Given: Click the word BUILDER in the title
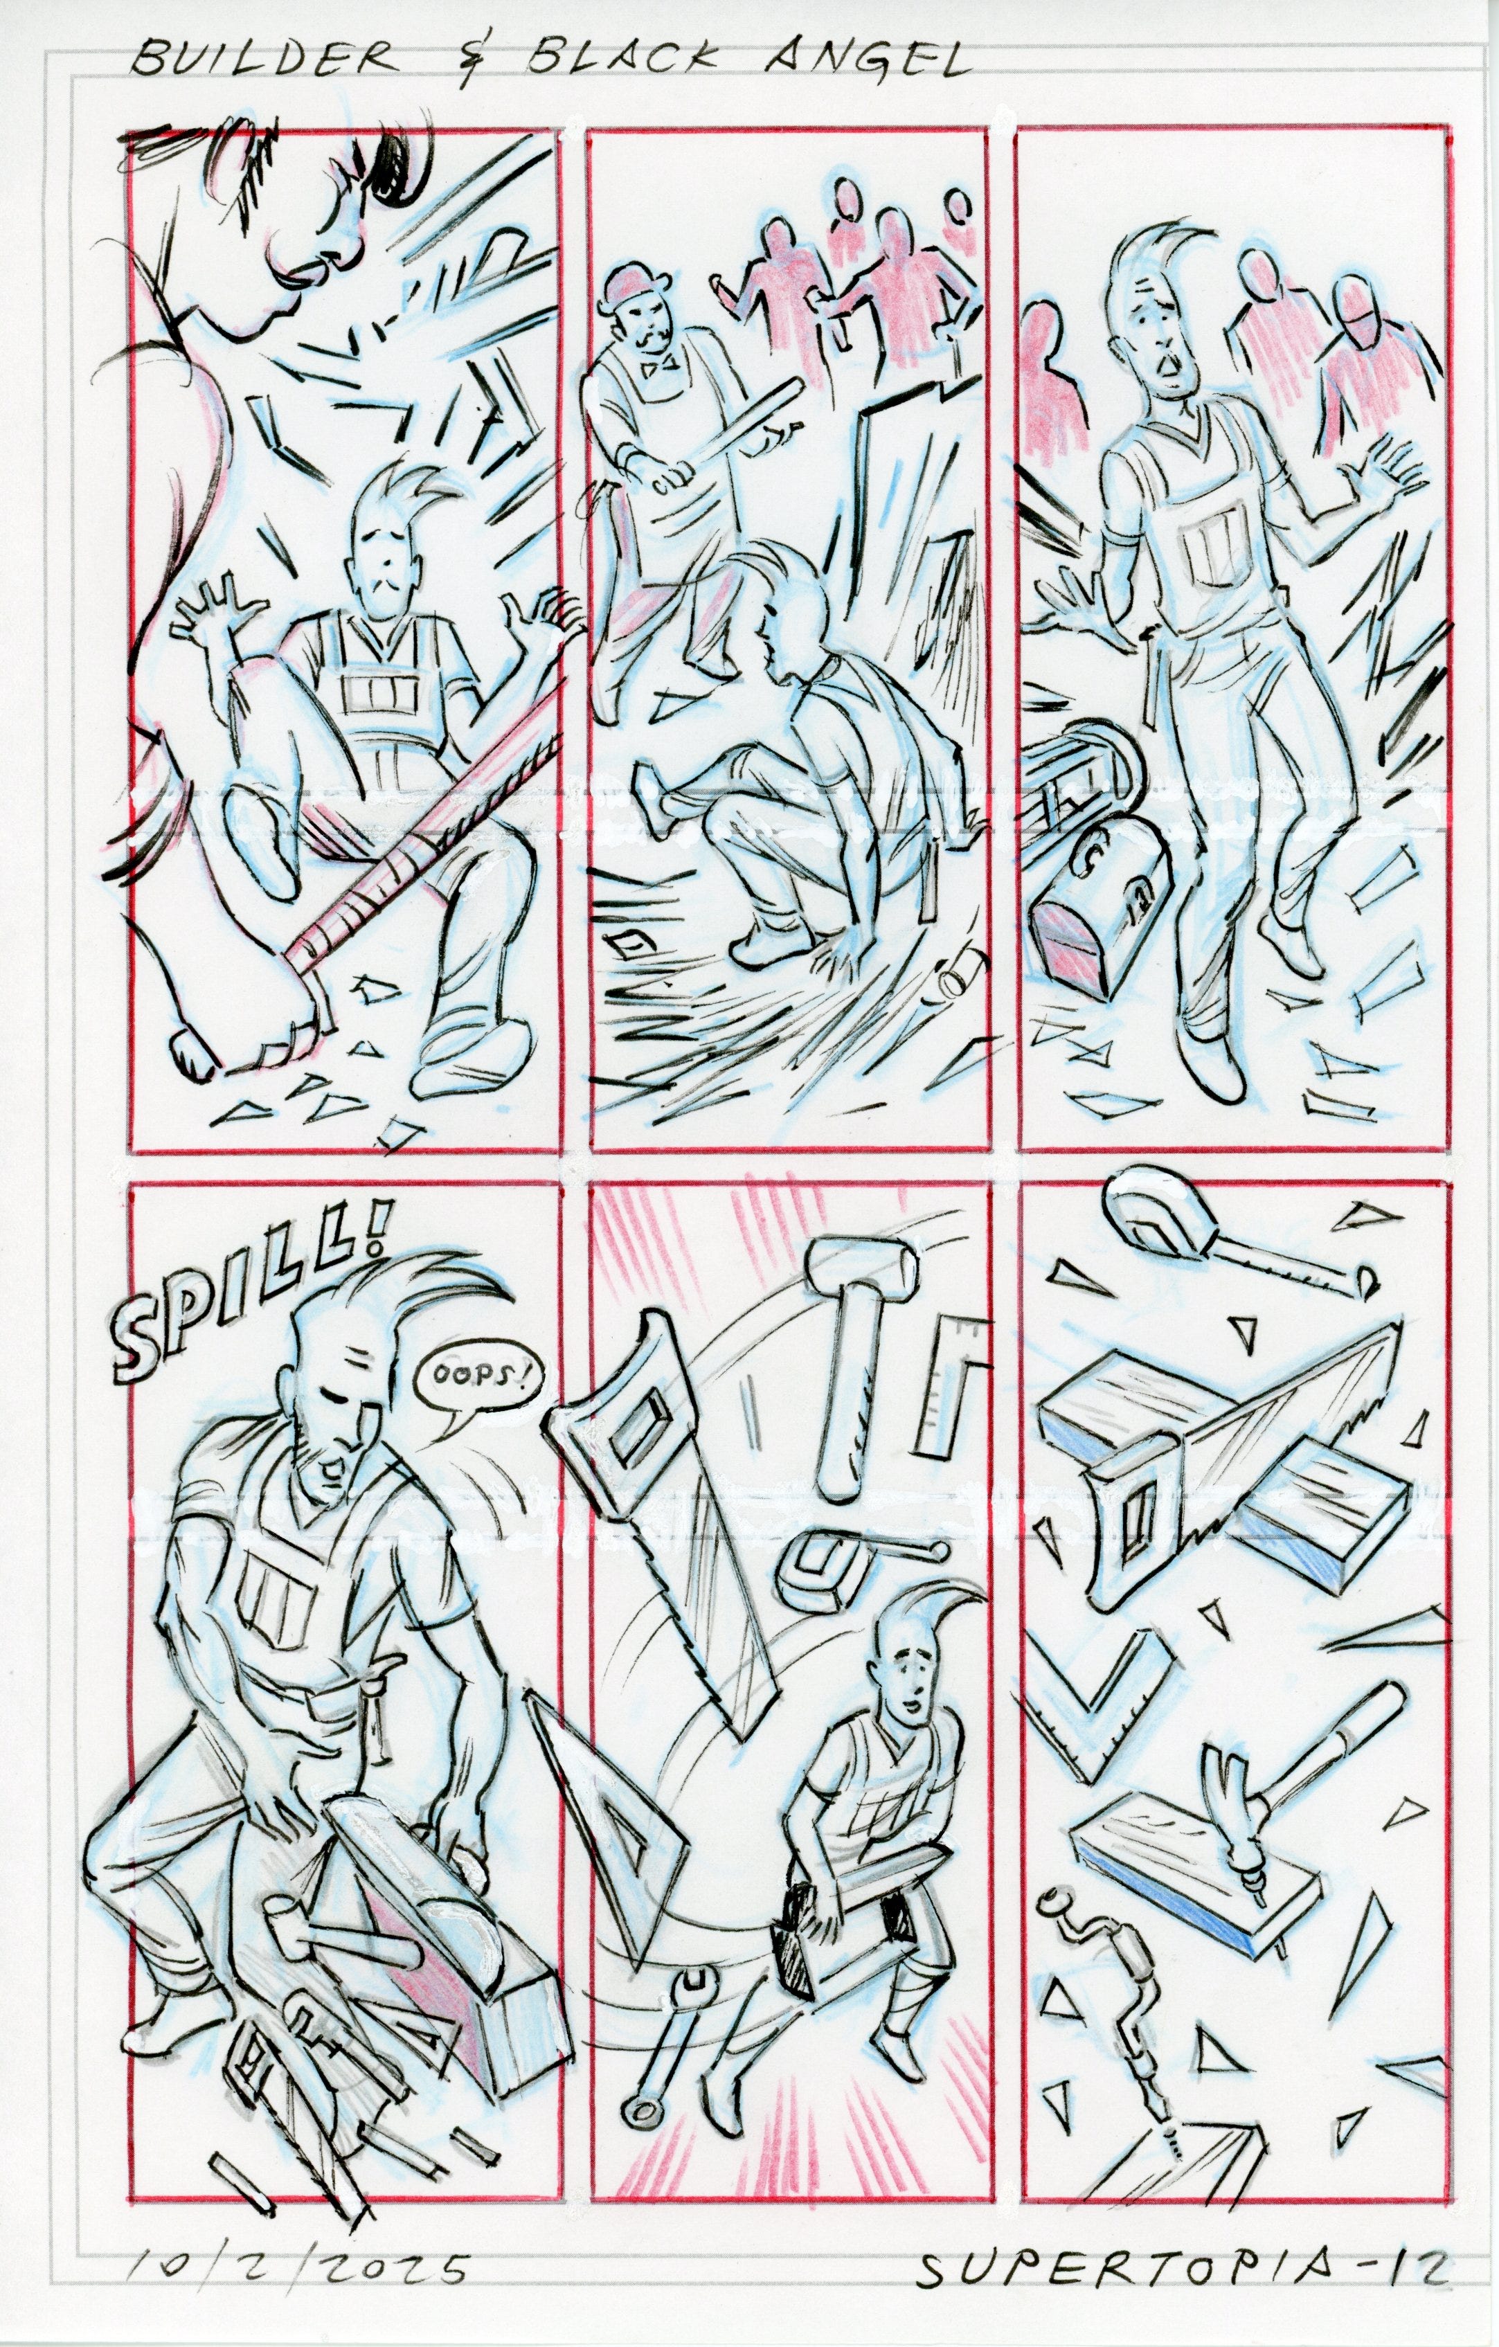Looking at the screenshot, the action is pos(262,62).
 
